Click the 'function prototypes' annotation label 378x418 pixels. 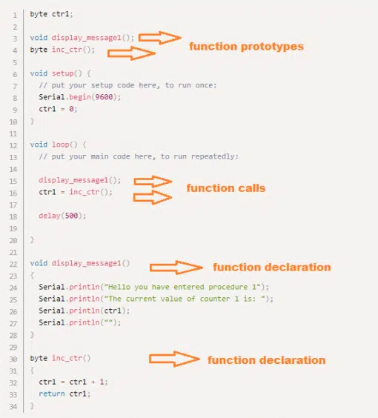coord(246,47)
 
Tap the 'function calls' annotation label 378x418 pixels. coord(226,188)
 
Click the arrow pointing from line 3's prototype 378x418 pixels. coord(159,38)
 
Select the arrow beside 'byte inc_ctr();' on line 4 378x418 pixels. coord(131,53)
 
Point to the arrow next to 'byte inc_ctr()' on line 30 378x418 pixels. coord(174,359)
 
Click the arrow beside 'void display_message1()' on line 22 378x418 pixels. coord(176,268)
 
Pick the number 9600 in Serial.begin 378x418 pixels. coord(104,97)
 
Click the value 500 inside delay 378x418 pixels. coord(71,216)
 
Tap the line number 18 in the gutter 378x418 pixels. coord(13,216)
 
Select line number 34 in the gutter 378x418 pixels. coord(13,407)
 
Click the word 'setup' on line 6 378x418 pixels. coord(63,73)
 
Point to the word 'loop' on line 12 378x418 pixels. coord(61,145)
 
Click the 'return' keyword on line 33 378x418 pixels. coord(52,394)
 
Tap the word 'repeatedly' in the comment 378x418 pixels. coord(215,156)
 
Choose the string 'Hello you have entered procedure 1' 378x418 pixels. coord(182,287)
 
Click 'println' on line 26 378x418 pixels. coord(84,311)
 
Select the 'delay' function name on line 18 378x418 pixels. coord(50,216)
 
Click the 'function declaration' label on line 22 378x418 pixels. coord(272,268)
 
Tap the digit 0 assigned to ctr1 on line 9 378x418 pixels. coord(71,109)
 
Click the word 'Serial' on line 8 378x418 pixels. coord(52,97)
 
